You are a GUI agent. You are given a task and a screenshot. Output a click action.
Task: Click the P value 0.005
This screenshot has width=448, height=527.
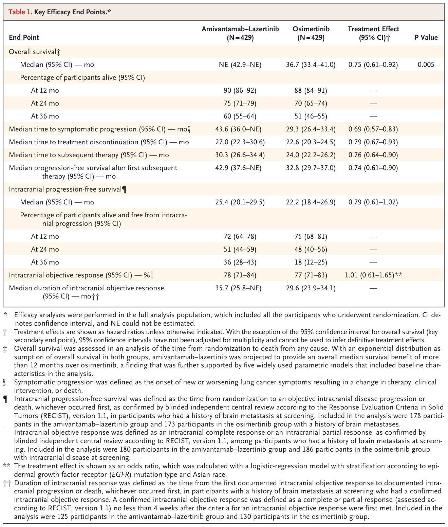tap(426, 65)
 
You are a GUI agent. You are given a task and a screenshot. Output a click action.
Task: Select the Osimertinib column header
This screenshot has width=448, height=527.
tap(311, 33)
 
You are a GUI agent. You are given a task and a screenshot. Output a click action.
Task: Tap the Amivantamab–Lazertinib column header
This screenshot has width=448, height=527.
tap(240, 33)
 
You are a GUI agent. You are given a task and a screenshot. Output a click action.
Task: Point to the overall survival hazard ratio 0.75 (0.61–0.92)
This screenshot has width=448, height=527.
tap(373, 65)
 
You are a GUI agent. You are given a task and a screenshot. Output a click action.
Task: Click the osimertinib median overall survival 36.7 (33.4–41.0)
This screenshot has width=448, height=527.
tap(311, 65)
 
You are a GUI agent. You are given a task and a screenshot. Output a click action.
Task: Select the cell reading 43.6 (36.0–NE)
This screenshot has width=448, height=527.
tap(240, 129)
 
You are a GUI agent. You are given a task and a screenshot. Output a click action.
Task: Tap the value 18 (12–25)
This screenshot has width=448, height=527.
tap(311, 262)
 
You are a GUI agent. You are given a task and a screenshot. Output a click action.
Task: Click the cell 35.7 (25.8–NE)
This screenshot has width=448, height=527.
tap(240, 288)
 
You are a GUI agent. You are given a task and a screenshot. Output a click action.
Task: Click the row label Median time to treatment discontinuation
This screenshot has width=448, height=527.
tap(99, 142)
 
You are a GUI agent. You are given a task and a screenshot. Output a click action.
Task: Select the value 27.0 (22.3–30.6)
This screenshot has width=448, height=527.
tap(240, 142)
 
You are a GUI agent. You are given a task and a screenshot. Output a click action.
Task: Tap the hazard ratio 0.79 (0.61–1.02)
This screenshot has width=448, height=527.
tap(373, 202)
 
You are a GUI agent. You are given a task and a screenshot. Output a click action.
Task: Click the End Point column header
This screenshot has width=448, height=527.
tap(24, 37)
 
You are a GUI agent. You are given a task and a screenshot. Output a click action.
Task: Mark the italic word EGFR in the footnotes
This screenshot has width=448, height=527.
tap(119, 474)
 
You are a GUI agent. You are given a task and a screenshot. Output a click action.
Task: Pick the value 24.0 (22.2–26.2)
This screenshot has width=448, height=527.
tap(311, 155)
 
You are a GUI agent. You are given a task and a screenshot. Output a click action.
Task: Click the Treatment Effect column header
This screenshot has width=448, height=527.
tap(373, 33)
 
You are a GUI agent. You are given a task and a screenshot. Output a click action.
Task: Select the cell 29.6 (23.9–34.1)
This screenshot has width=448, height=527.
tap(311, 288)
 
